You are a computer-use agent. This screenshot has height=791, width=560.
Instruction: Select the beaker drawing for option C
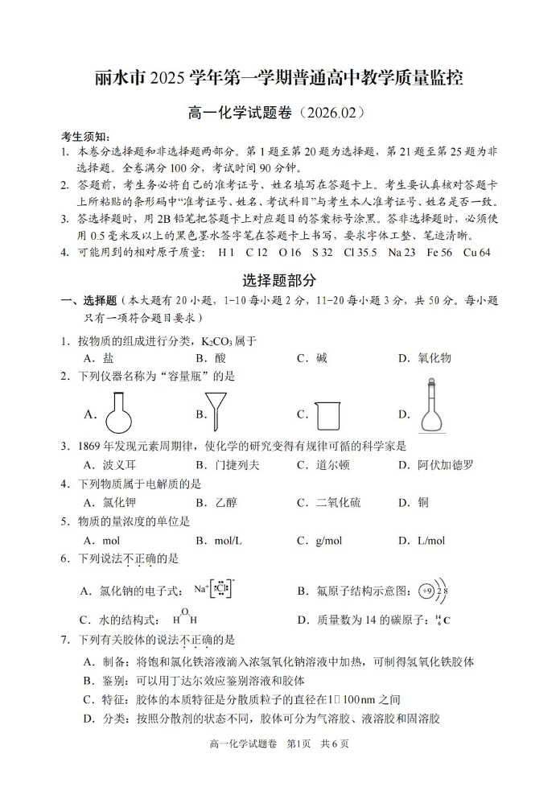325,415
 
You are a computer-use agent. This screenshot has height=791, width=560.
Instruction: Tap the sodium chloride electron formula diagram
214,590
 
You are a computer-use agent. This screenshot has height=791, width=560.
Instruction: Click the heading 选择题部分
279,281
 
